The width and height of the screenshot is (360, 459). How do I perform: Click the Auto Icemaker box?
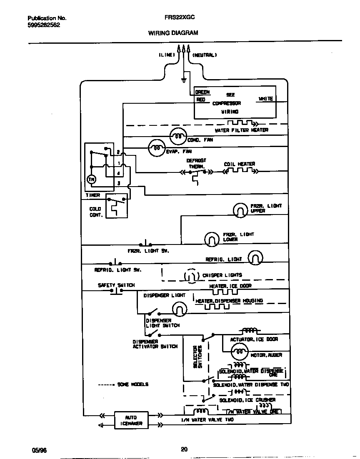click(x=130, y=420)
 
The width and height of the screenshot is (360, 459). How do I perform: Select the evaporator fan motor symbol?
click(x=157, y=147)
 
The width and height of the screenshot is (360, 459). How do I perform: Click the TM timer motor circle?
click(x=91, y=179)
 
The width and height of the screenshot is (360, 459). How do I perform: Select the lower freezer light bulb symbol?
click(x=211, y=239)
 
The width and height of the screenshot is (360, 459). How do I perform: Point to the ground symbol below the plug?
click(x=183, y=79)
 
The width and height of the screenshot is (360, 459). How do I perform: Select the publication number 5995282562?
click(x=44, y=25)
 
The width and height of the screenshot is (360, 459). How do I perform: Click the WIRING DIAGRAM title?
click(x=173, y=32)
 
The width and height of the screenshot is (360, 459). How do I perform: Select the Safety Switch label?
click(x=116, y=285)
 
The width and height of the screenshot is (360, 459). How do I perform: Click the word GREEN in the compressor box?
click(x=202, y=92)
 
